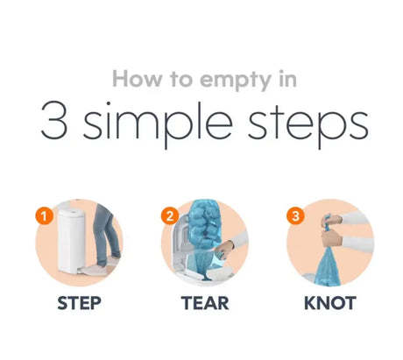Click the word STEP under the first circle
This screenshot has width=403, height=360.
(x=79, y=303)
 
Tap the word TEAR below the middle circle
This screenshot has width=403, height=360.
(x=205, y=303)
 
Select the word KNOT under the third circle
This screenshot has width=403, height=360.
(x=330, y=303)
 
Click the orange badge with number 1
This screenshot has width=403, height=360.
(x=44, y=216)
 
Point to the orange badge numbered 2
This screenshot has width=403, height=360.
(x=170, y=216)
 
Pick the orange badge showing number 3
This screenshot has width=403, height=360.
(x=295, y=216)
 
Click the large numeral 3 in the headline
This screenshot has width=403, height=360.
(x=54, y=120)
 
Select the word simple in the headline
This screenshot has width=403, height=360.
(x=158, y=125)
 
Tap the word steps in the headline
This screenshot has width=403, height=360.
(x=308, y=124)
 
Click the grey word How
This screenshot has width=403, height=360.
(x=137, y=79)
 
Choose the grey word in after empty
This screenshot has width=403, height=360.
(x=288, y=79)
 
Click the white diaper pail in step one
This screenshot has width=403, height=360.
(x=71, y=239)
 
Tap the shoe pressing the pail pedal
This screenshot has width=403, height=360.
(x=95, y=270)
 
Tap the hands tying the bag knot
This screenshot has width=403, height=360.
(x=331, y=230)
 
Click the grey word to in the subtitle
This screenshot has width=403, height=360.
(x=181, y=80)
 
